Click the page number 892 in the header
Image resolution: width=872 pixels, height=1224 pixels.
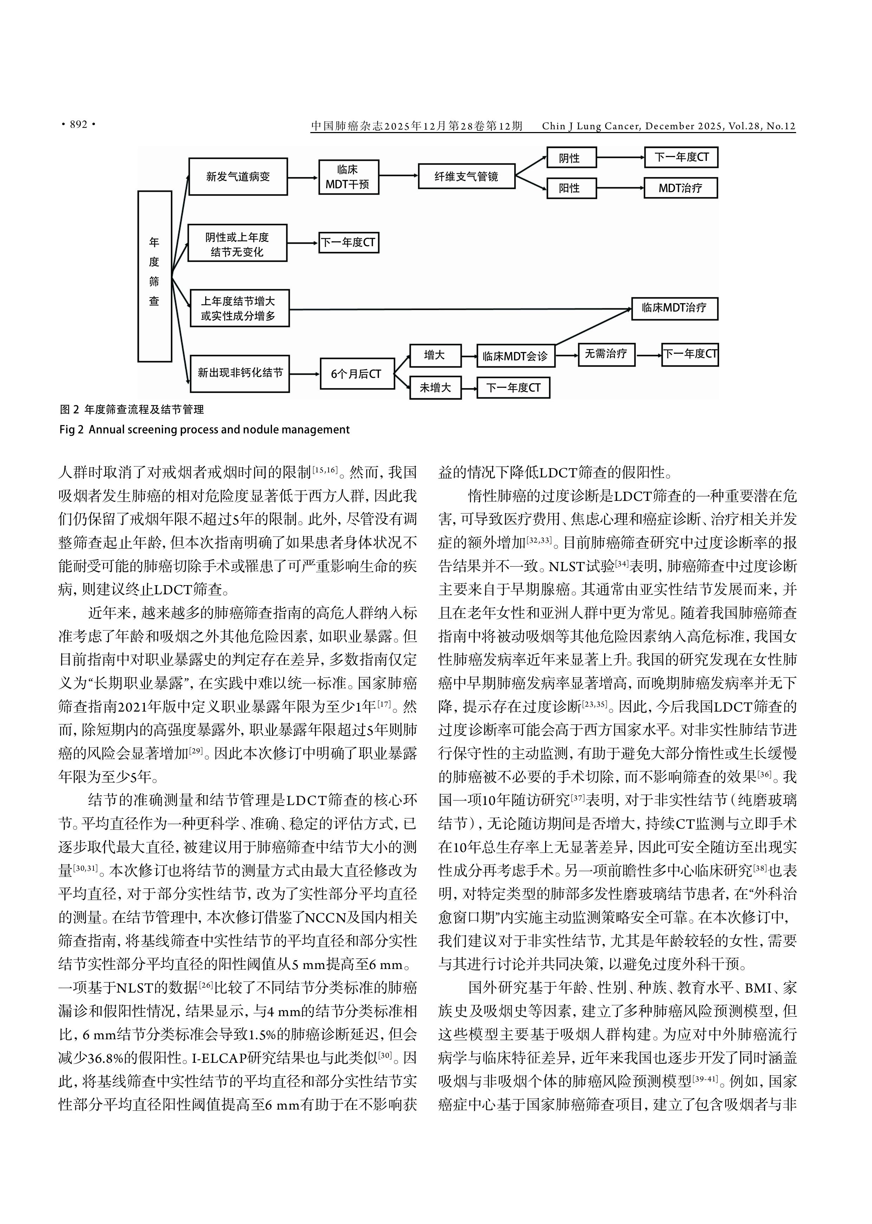point(78,125)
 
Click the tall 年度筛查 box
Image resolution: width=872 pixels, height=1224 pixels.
point(155,276)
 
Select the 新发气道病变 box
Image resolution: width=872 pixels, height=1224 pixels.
point(238,177)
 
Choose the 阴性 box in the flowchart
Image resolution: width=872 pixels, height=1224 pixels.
point(571,158)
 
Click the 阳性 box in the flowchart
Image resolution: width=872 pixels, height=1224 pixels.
point(571,188)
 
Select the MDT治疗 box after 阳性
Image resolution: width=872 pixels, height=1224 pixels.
point(680,188)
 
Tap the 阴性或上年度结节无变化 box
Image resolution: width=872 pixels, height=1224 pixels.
point(237,243)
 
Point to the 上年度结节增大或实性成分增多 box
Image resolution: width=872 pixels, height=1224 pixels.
point(239,309)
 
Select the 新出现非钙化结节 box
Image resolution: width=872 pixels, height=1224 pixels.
point(239,373)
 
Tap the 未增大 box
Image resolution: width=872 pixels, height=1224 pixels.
point(435,387)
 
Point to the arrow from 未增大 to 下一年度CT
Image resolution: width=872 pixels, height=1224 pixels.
point(469,387)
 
